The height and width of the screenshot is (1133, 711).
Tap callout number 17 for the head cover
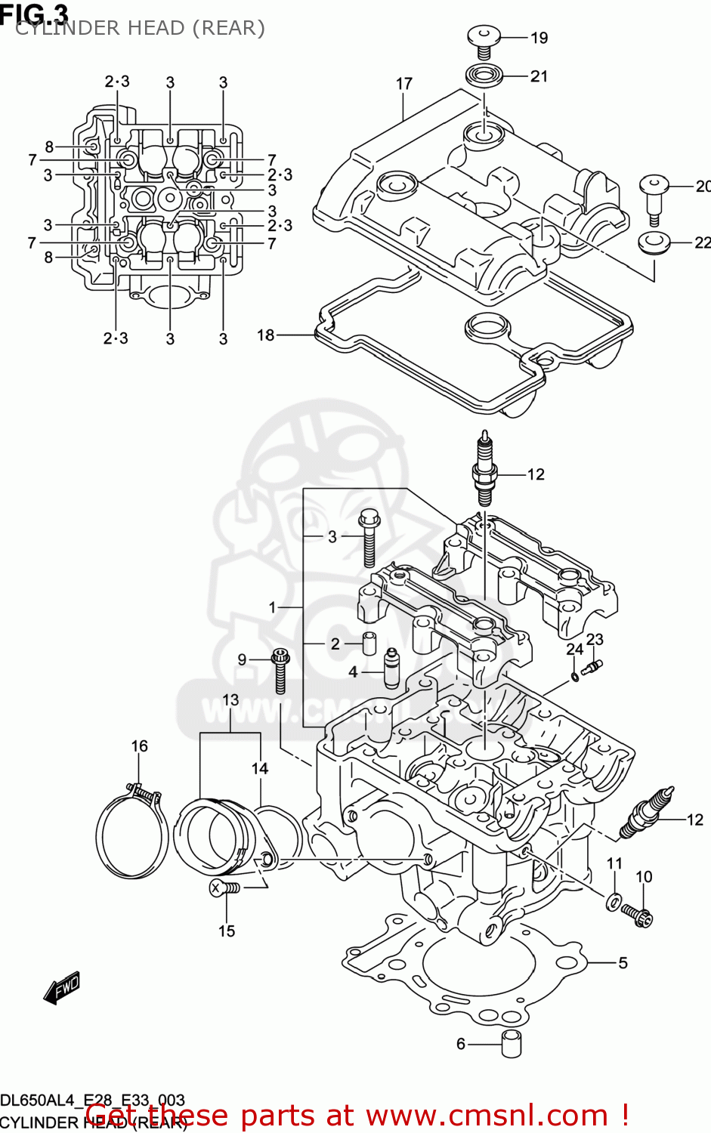(x=404, y=84)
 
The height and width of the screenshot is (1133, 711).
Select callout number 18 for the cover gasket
(x=265, y=335)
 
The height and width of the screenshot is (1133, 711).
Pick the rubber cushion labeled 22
(x=654, y=243)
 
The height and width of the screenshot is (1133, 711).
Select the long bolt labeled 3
(x=369, y=539)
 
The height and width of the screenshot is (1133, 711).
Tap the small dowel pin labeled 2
(x=369, y=644)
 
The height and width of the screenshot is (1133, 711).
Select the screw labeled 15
(x=224, y=889)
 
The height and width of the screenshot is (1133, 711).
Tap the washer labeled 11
(x=614, y=900)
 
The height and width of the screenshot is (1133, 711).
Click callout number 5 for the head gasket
(x=623, y=962)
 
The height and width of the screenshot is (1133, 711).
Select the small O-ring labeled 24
(x=575, y=676)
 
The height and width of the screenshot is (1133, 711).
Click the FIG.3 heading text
(x=35, y=13)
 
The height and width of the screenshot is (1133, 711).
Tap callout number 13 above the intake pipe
(x=230, y=700)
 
